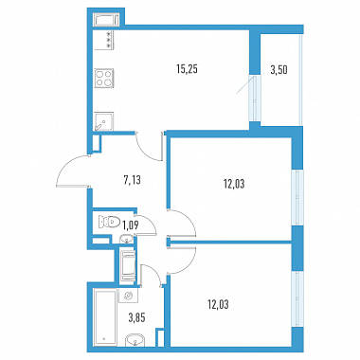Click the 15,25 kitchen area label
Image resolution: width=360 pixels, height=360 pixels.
point(187,69)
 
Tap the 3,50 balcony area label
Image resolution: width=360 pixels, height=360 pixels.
point(279,69)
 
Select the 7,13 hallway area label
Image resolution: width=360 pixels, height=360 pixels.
point(132,180)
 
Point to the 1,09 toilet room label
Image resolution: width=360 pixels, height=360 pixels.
point(131,225)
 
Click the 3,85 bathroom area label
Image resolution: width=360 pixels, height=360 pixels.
point(137,317)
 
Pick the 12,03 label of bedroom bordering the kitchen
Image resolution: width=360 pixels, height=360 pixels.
point(234,184)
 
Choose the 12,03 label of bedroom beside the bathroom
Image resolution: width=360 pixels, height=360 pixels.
point(218,305)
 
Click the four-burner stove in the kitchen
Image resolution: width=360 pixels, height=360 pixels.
point(104,78)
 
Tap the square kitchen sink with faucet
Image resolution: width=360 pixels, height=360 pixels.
point(104,121)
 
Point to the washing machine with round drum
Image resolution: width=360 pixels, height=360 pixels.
point(128,297)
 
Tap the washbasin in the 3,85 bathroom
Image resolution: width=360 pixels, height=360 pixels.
point(135,340)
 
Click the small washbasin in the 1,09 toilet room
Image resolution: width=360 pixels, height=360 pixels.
point(127,240)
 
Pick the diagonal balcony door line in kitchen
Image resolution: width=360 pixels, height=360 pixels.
point(245,85)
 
